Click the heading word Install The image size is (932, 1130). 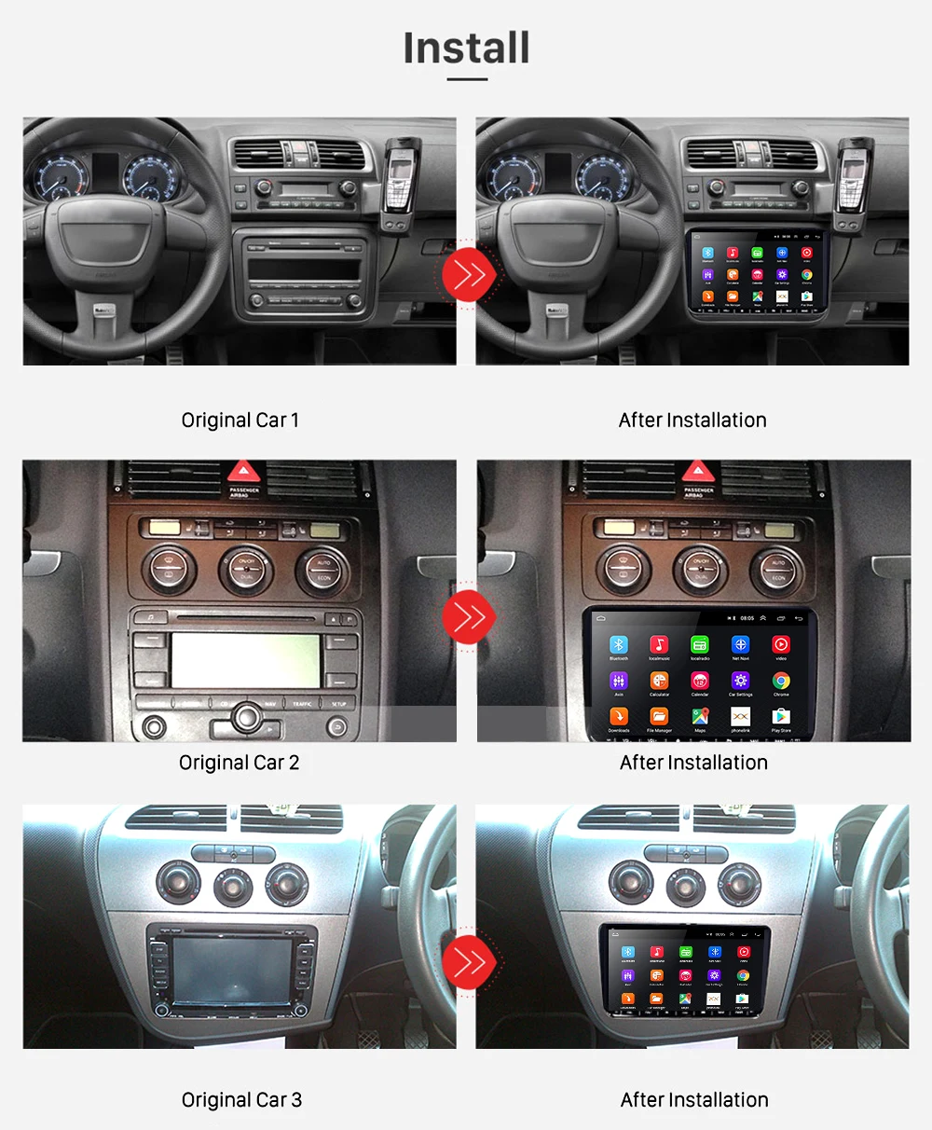466,48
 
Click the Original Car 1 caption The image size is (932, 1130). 240,420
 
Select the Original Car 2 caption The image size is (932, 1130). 240,763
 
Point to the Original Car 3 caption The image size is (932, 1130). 241,1100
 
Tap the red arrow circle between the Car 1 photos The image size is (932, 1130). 469,274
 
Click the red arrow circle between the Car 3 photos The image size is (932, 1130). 469,961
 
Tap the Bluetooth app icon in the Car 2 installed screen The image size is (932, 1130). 619,645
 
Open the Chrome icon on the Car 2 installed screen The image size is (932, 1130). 781,682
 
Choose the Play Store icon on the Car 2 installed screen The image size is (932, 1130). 781,717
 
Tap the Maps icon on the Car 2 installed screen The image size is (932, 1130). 700,717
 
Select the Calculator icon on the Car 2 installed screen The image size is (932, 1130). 659,682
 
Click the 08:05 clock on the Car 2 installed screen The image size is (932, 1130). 747,618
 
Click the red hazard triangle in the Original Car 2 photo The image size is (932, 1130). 244,471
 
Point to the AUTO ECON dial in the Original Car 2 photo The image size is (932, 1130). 323,570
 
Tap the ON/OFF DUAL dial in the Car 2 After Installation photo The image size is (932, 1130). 701,570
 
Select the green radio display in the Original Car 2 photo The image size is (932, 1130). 246,658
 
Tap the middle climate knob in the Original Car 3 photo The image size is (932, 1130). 233,887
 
